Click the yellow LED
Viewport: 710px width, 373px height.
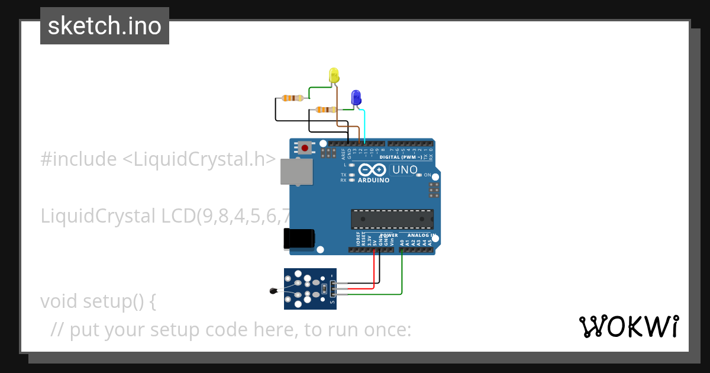coord(334,75)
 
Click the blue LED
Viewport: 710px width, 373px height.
coord(356,97)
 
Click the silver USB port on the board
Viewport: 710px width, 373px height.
coord(296,171)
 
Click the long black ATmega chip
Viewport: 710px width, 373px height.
coord(392,218)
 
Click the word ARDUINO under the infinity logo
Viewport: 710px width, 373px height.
coord(373,180)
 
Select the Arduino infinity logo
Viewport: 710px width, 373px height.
coord(373,170)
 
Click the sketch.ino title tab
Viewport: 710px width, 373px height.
coord(105,26)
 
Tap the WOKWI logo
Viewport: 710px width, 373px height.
coord(628,326)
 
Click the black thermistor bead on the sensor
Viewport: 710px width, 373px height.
coord(273,290)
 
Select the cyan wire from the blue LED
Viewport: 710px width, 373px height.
coord(364,124)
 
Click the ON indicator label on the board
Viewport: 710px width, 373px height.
coord(427,175)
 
